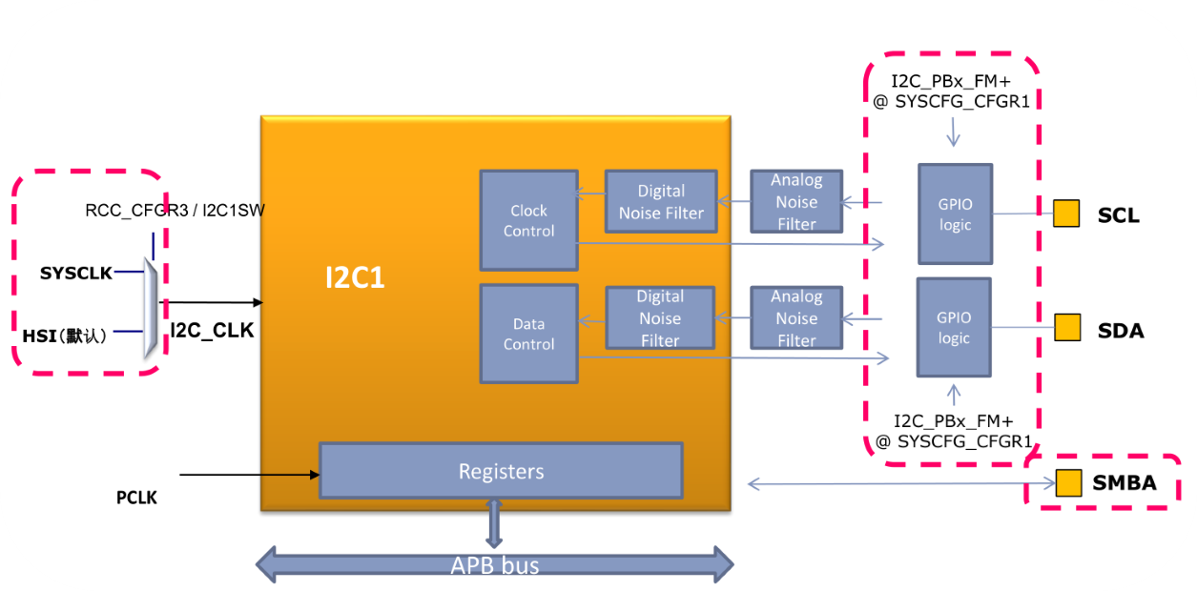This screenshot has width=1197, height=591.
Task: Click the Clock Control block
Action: point(528,220)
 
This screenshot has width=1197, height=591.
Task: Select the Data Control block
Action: point(528,334)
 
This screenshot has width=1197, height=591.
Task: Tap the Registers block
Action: point(501,471)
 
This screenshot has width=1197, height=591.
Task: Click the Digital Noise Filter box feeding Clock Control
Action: point(660,202)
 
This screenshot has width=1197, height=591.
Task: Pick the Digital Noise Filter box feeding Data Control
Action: point(660,317)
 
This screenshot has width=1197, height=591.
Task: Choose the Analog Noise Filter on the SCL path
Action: point(796,201)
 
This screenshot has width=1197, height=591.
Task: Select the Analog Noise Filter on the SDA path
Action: point(796,317)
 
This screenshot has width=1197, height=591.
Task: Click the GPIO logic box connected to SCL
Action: point(955,214)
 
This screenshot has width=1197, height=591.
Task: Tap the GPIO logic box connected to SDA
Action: point(954,327)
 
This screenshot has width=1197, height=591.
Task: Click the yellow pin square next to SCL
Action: point(1066,214)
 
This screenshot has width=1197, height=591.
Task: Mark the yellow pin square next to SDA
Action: point(1066,329)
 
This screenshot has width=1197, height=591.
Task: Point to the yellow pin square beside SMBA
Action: point(1069,483)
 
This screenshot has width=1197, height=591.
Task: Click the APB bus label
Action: point(495,565)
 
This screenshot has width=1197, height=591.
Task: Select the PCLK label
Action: point(136,498)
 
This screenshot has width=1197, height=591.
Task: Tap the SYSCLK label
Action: point(76,274)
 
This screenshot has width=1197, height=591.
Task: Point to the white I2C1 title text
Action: point(354,278)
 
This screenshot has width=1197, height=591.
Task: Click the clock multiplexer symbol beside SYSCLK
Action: point(151,306)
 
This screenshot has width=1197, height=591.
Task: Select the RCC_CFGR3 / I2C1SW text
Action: point(175,210)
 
